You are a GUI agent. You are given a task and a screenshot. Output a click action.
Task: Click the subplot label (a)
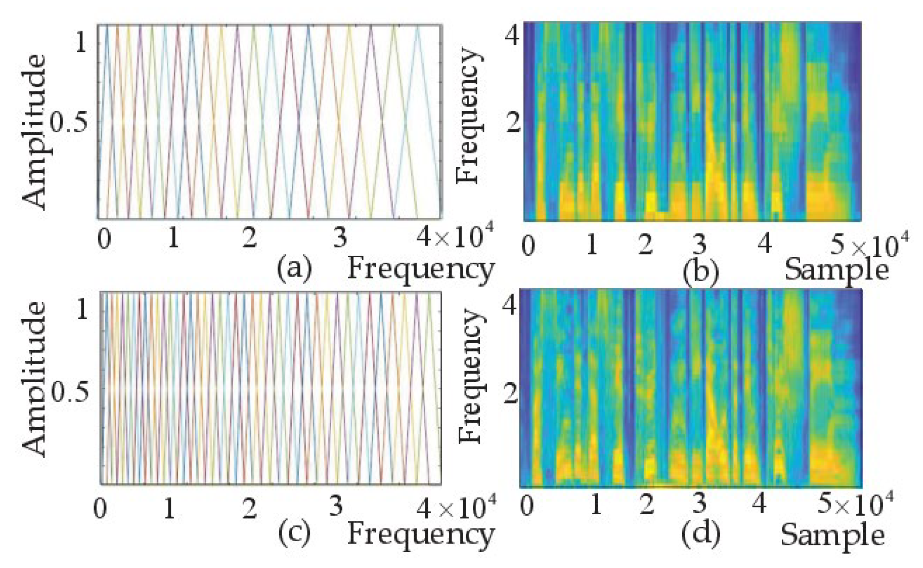[x=294, y=268]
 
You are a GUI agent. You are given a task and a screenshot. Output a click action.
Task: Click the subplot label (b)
[x=700, y=272]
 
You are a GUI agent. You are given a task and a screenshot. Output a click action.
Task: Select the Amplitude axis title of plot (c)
[x=35, y=379]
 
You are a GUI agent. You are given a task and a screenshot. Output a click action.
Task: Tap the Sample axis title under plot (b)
[x=836, y=270]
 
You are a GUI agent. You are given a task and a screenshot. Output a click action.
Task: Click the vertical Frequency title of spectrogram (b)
[x=468, y=116]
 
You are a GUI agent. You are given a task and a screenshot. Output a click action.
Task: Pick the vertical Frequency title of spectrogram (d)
[x=471, y=375]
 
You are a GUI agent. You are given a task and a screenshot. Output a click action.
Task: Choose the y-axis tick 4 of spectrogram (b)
[x=512, y=35]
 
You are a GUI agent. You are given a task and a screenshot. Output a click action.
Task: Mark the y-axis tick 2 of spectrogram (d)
[x=510, y=395]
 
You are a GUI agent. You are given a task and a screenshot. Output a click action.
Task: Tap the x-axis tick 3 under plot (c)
[x=336, y=506]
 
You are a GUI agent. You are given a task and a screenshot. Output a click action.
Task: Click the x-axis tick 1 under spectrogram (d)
[x=596, y=504]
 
